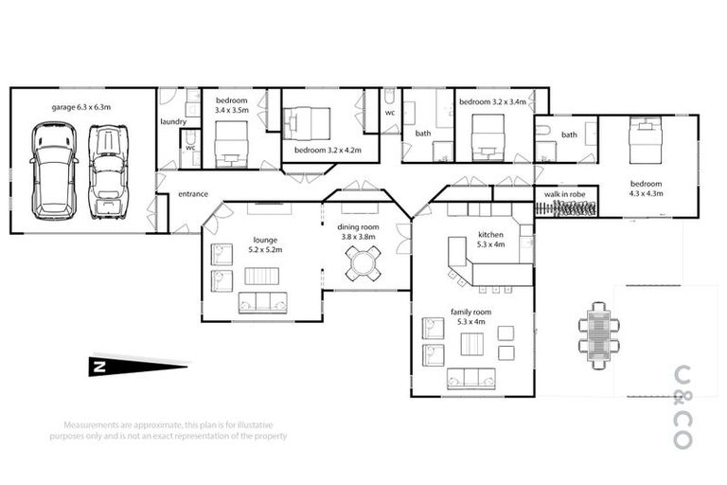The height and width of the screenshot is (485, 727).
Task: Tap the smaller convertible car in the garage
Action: (109, 171)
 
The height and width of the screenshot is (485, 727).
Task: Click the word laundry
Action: (172, 121)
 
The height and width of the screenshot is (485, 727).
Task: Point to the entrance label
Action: (193, 194)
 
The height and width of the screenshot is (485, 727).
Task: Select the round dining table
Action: (363, 262)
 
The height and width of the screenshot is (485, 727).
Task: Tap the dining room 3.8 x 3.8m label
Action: (358, 231)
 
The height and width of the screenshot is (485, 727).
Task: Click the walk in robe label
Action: (564, 193)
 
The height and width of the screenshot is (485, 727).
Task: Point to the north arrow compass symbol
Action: (137, 367)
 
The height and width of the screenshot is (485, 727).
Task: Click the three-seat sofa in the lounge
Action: (262, 302)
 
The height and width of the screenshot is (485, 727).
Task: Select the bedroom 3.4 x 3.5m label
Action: (232, 105)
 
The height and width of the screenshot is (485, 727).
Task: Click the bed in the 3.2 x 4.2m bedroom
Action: (307, 124)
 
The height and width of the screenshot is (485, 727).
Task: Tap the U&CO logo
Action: (681, 406)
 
